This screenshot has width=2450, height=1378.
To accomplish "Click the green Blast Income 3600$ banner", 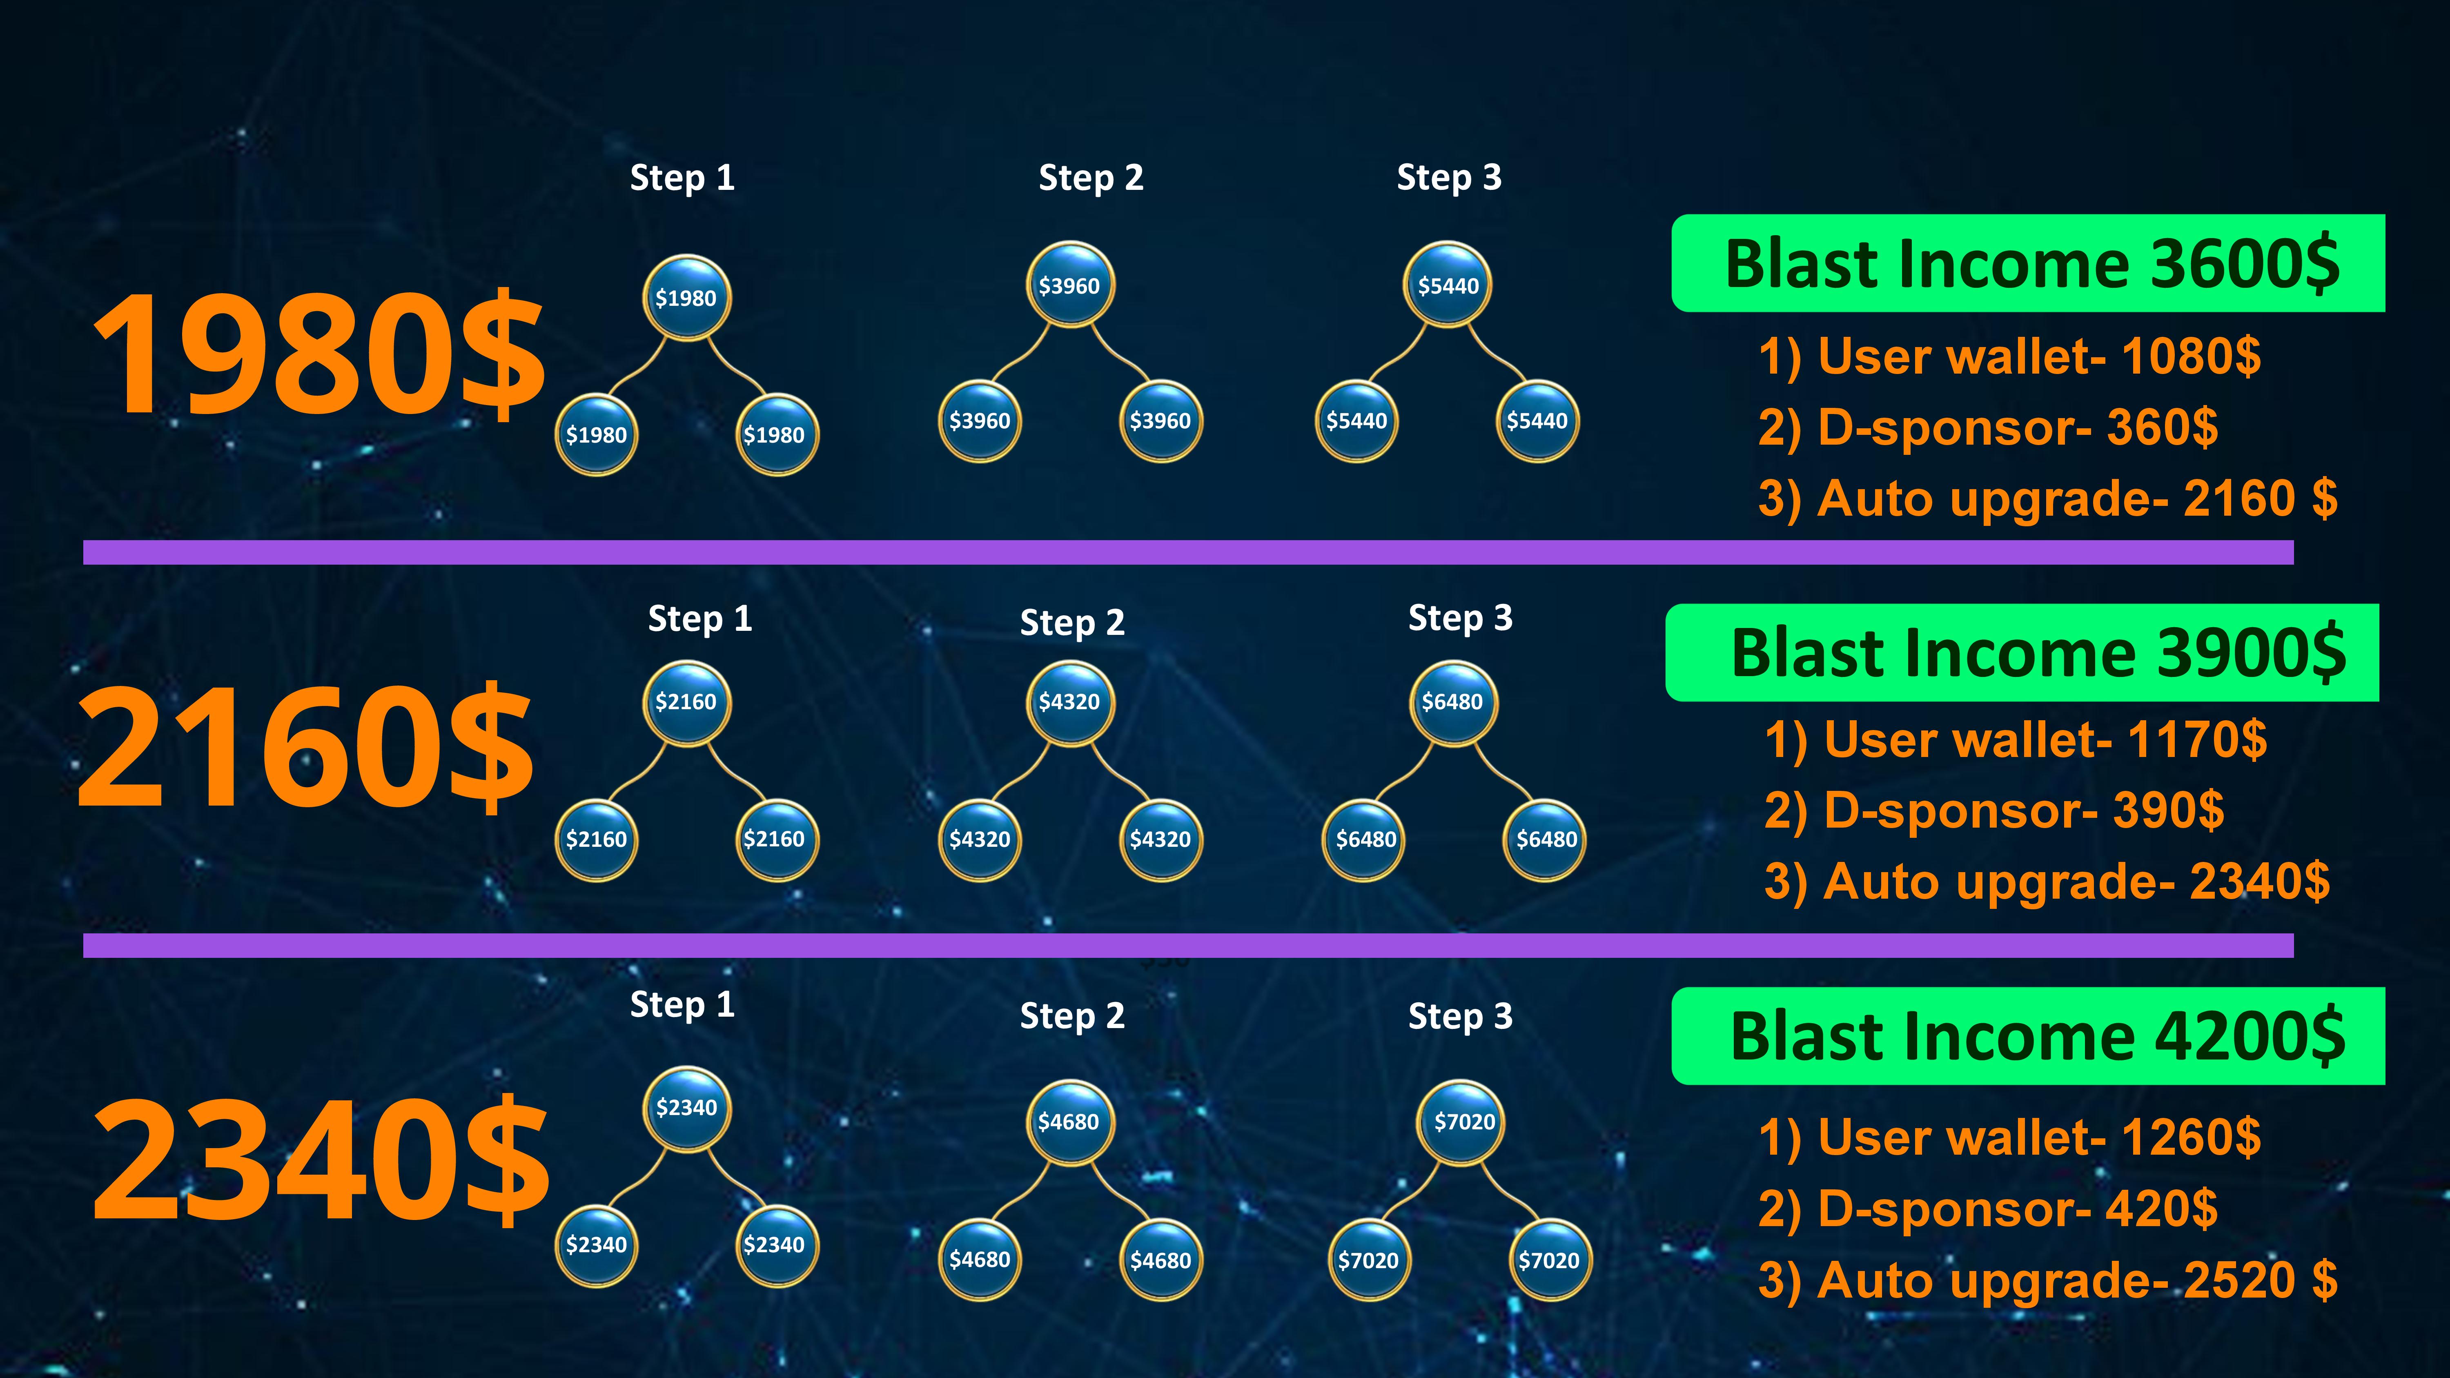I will click(x=2028, y=263).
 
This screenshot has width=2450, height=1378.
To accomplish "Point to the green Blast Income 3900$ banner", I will click(x=2022, y=653).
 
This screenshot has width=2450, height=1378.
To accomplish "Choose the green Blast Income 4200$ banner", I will click(x=2028, y=1037).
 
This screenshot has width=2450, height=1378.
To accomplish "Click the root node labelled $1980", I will click(x=686, y=298).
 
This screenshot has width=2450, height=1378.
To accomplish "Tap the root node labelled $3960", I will click(x=1069, y=285).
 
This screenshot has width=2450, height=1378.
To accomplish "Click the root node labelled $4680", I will click(x=1068, y=1122).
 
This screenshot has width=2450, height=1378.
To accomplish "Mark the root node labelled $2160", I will click(x=686, y=702).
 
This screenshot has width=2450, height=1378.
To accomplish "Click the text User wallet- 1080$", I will click(x=2009, y=358).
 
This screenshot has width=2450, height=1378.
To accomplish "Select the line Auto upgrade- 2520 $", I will click(x=2047, y=1280).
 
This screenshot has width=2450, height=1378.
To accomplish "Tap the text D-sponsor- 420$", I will click(x=1988, y=1210).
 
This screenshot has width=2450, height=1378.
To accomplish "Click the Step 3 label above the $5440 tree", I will click(x=1448, y=178).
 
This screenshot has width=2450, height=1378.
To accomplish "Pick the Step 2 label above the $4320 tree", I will click(x=1072, y=623).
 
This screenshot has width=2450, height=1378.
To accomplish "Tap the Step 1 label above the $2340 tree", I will click(x=682, y=1005).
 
